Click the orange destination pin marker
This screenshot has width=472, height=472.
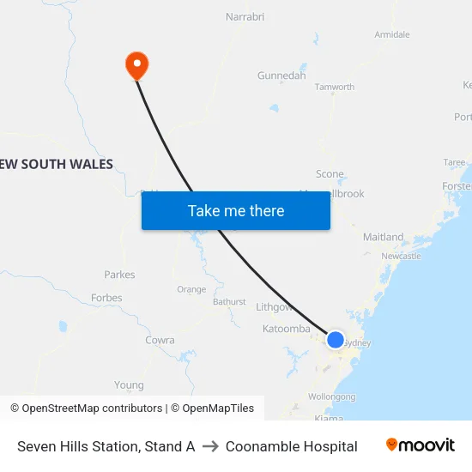(136, 64)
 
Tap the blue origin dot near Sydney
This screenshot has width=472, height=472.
(336, 340)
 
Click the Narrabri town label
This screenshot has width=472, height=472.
(245, 16)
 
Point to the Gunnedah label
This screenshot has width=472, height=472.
(281, 76)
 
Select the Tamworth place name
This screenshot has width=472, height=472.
(335, 87)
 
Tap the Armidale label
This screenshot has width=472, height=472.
(392, 34)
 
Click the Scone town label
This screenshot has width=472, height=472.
(330, 174)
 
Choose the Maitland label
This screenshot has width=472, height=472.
(383, 237)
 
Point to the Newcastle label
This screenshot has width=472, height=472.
(401, 256)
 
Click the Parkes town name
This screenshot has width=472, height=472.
(119, 275)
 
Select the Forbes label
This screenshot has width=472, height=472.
(106, 298)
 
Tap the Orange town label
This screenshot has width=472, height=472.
(191, 289)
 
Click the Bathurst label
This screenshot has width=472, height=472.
(229, 302)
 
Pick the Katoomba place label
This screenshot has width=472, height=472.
(286, 329)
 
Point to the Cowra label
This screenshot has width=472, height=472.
(160, 340)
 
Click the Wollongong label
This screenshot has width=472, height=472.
(332, 396)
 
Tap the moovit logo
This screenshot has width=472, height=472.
(421, 445)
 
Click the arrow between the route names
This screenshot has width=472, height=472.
(210, 446)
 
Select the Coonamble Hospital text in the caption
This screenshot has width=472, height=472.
(292, 446)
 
